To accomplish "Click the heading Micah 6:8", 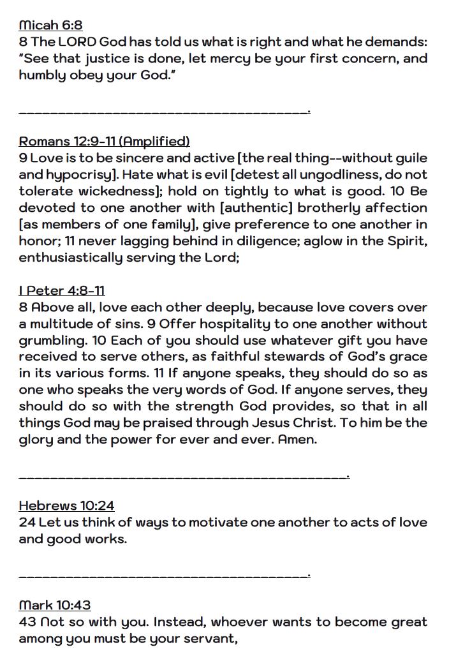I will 50,26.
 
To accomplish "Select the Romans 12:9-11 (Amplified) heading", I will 104,141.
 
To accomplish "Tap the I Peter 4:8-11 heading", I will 62,291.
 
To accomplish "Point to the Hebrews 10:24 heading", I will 66,506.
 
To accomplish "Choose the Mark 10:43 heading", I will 55,605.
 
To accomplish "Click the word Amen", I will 297,440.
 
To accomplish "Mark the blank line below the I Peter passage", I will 183,476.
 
